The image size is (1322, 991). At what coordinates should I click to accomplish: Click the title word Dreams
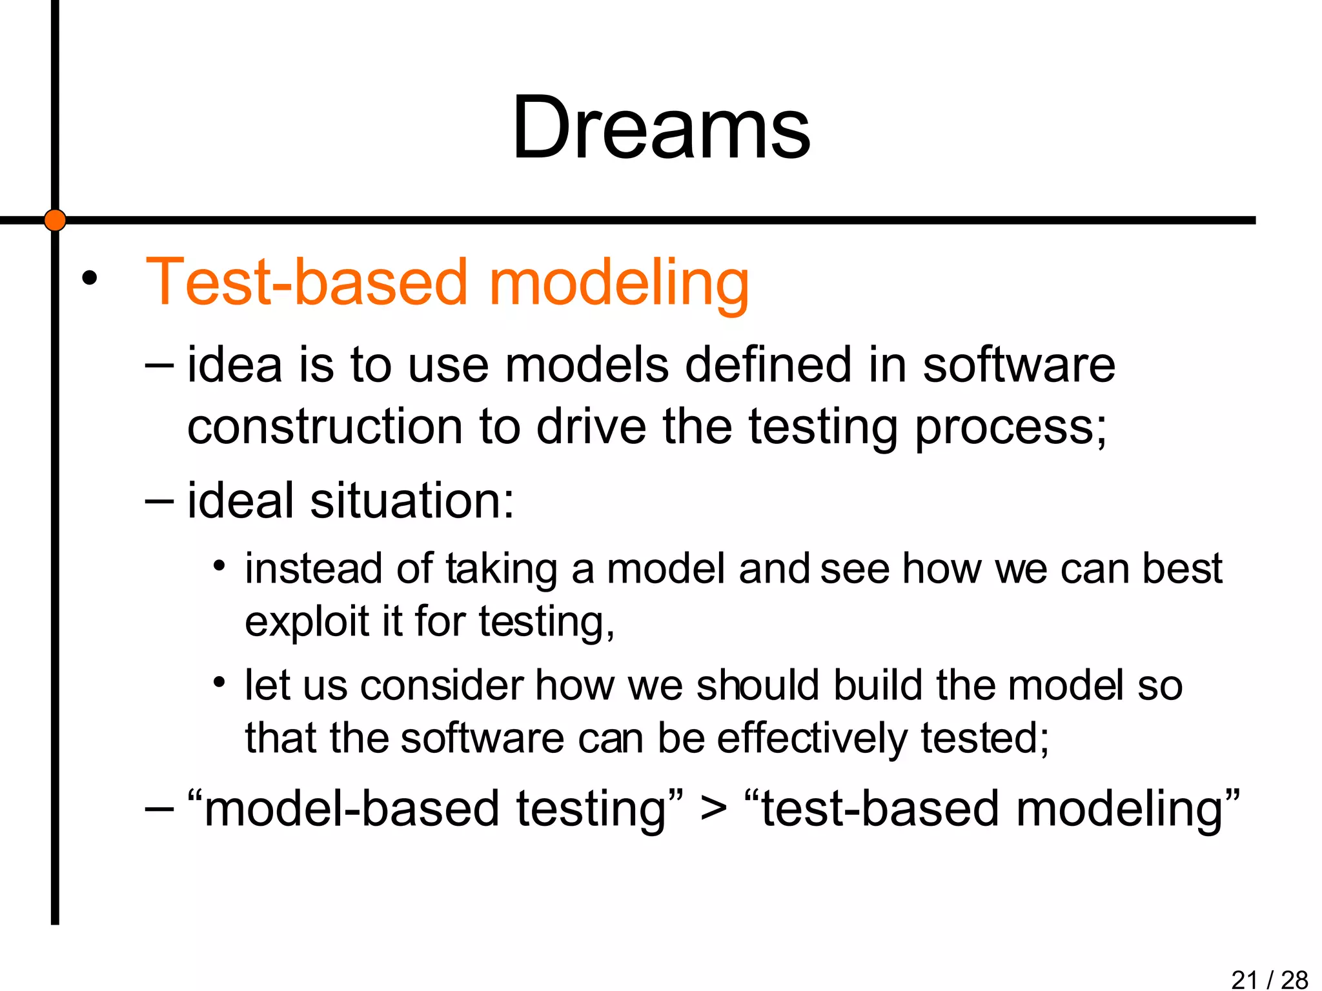pyautogui.click(x=661, y=128)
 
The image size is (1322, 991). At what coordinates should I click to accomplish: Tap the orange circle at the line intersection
pyautogui.click(x=55, y=220)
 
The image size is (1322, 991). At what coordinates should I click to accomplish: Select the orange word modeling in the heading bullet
pyautogui.click(x=619, y=284)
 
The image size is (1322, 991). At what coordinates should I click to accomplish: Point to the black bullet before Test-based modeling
pyautogui.click(x=90, y=279)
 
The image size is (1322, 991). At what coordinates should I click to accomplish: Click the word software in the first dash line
pyautogui.click(x=1019, y=365)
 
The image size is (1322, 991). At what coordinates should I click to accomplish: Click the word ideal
pyautogui.click(x=240, y=500)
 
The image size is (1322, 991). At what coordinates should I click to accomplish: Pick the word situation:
pyautogui.click(x=412, y=501)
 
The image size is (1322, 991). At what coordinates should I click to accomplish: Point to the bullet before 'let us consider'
pyautogui.click(x=219, y=683)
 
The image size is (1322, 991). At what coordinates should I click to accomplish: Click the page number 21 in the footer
pyautogui.click(x=1245, y=979)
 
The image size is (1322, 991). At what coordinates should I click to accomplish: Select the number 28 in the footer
pyautogui.click(x=1294, y=979)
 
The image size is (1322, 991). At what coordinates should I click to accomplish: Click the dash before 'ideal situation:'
pyautogui.click(x=159, y=501)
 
